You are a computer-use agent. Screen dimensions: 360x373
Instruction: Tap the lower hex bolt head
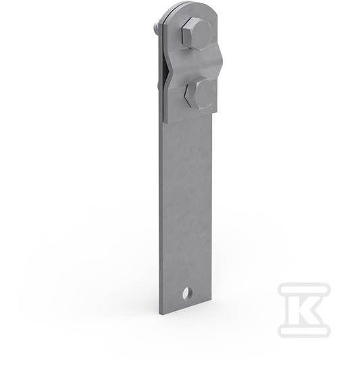click(200, 94)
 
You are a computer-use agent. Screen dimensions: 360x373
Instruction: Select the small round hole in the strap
click(188, 293)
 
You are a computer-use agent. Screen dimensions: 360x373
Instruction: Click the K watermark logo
click(304, 309)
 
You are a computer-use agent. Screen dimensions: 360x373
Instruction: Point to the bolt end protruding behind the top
click(157, 26)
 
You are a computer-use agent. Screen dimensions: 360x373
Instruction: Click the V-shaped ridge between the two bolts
click(195, 63)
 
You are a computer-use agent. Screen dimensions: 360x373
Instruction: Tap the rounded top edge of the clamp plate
click(190, 7)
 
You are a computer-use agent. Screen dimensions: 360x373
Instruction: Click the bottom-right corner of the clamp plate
click(217, 112)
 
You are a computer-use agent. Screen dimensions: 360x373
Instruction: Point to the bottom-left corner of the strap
click(159, 315)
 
